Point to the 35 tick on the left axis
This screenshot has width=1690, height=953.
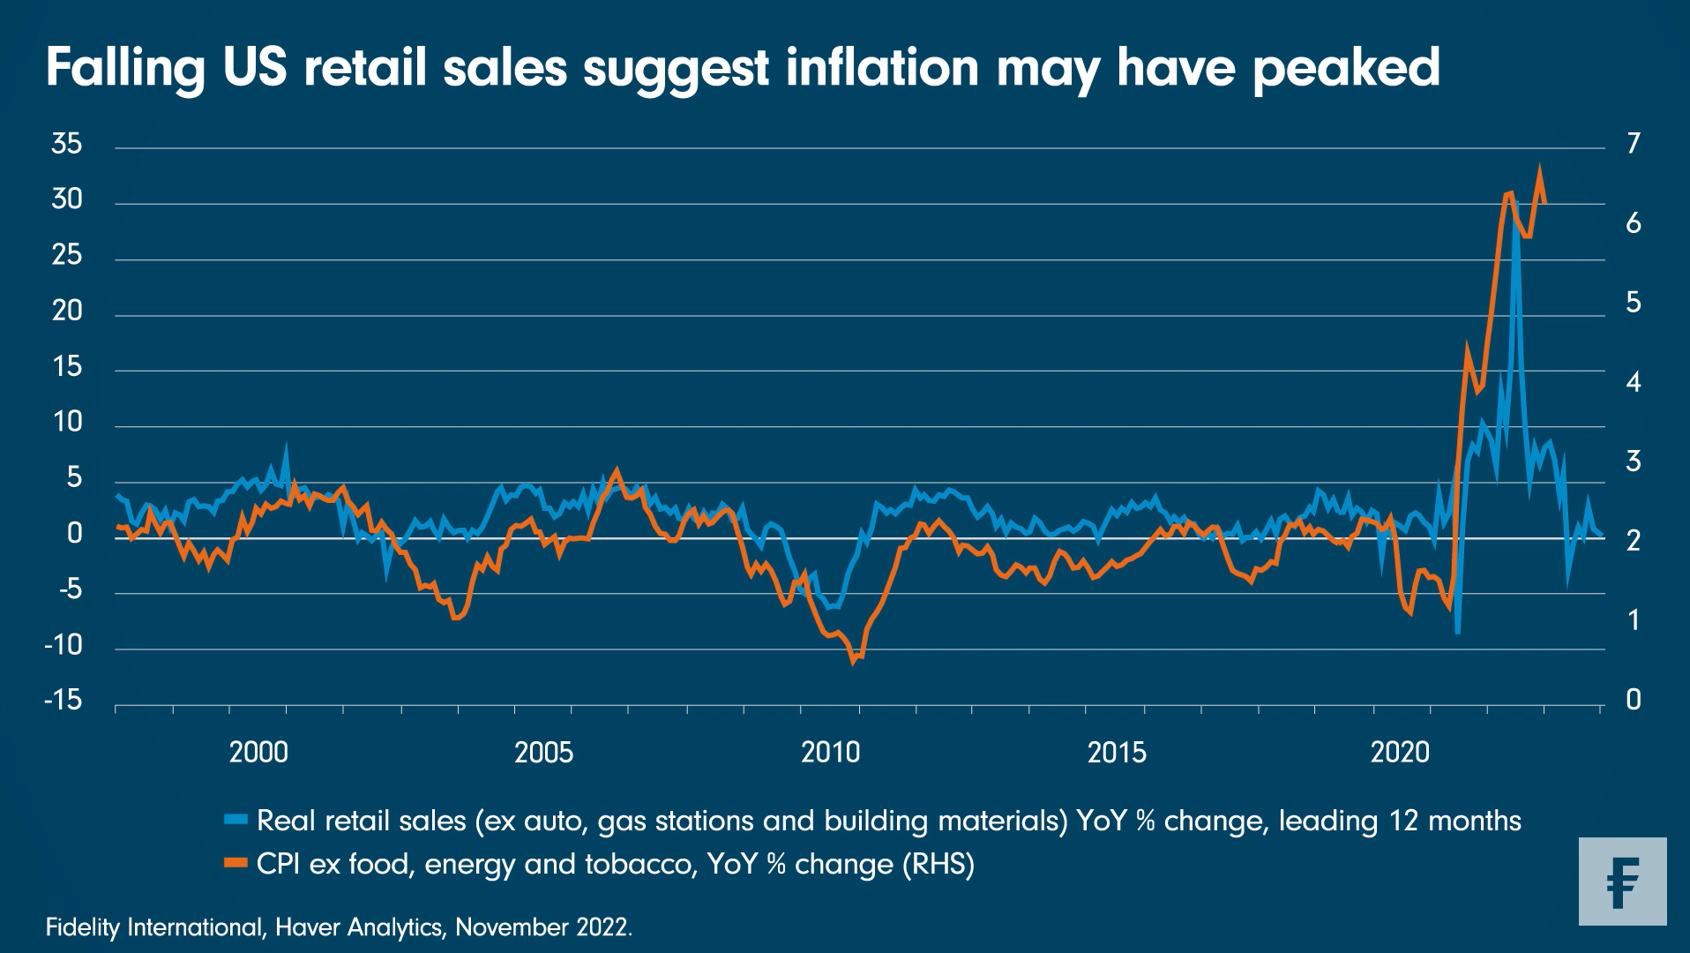tap(66, 144)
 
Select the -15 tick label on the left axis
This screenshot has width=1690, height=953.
tap(63, 701)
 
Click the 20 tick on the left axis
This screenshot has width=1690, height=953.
tap(66, 311)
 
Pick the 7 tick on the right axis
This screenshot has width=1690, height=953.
tap(1634, 144)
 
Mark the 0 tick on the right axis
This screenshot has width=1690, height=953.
tap(1634, 701)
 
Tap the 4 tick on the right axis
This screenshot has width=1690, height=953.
tap(1634, 383)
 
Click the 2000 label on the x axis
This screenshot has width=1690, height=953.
tap(258, 753)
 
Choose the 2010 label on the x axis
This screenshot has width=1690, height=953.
tap(830, 753)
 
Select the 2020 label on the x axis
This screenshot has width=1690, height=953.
tap(1400, 753)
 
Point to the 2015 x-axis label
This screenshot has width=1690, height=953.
tap(1117, 753)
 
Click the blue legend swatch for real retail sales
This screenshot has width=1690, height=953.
tap(236, 821)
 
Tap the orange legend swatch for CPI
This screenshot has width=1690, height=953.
tap(236, 864)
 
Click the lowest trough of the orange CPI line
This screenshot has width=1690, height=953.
tap(854, 661)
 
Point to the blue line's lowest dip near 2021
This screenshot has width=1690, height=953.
tap(1458, 632)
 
